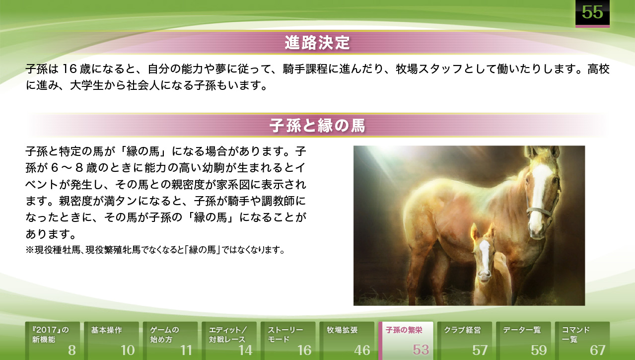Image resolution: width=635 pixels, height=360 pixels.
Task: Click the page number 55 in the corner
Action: coord(592,12)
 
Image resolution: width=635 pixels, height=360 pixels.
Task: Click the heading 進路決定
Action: coord(318,43)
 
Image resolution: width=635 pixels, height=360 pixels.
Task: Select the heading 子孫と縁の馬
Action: coord(318,126)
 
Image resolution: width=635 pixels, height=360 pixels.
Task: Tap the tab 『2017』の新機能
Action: coord(53,341)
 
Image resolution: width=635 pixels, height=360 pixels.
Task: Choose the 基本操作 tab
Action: coord(111,341)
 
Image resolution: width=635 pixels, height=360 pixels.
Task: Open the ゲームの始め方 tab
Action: coord(170,341)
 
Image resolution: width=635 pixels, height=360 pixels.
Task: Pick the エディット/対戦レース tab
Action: coord(229,341)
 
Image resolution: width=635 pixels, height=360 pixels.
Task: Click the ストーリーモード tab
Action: coord(288,341)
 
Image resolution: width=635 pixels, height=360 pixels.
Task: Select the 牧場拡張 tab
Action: coord(347,341)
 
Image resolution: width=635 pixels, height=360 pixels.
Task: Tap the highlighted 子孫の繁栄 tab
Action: coord(406,341)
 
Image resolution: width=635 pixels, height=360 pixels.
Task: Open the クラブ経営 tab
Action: coord(465,341)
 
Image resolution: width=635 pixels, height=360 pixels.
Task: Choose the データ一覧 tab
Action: coord(524,341)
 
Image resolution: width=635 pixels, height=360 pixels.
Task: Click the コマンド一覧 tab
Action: coord(582,341)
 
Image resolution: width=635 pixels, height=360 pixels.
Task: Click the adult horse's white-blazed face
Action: coord(540,196)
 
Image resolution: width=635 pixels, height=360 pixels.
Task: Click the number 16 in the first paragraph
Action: coord(69,69)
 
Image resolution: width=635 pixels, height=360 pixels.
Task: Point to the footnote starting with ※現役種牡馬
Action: coord(155,250)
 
